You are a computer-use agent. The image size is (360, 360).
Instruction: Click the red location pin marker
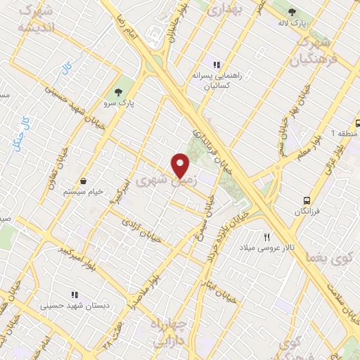pos(181,165)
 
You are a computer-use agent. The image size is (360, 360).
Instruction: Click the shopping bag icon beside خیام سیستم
pos(84,180)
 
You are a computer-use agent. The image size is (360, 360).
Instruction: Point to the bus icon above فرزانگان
pos(305,199)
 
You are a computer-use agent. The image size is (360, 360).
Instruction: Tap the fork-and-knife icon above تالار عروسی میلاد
pos(266,237)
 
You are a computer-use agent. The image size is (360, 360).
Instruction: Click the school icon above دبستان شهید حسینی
pos(75,295)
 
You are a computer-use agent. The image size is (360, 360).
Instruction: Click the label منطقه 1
pos(345,133)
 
